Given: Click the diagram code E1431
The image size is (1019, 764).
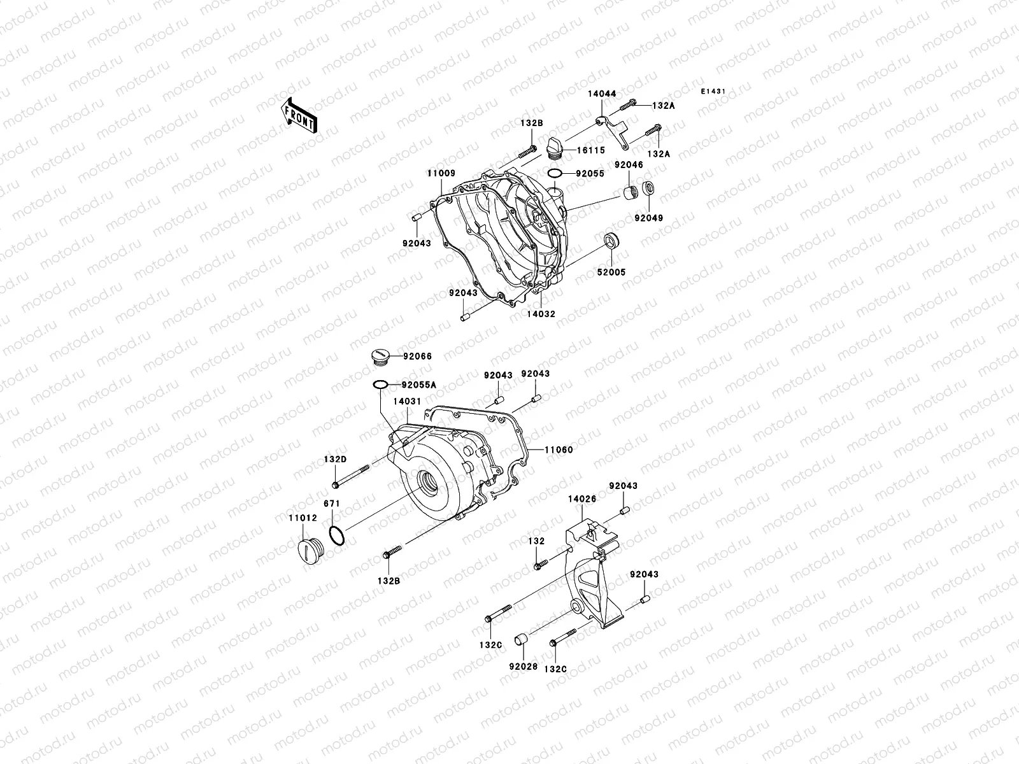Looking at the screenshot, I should pyautogui.click(x=713, y=92).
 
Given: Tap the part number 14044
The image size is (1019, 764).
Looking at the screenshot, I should pyautogui.click(x=601, y=94).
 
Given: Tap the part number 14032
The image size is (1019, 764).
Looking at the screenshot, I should pyautogui.click(x=541, y=314).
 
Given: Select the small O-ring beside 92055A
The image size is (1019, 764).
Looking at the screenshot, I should pyautogui.click(x=380, y=385).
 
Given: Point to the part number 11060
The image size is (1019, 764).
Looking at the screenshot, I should pyautogui.click(x=559, y=449).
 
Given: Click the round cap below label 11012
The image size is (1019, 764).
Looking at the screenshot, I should pyautogui.click(x=308, y=549).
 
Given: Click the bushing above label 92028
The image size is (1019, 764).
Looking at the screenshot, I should pyautogui.click(x=523, y=639).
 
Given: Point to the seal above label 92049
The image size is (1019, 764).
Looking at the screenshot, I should pyautogui.click(x=650, y=188).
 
